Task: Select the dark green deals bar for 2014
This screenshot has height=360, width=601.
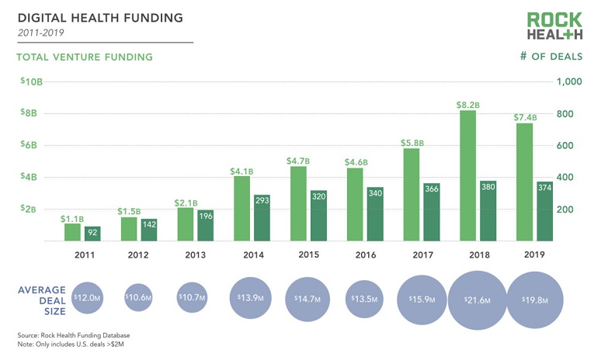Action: tap(262, 218)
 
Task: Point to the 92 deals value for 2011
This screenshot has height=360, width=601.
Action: tap(92, 231)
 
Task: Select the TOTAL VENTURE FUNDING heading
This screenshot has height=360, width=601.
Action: tap(85, 57)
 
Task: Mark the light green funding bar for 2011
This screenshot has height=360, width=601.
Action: tap(72, 232)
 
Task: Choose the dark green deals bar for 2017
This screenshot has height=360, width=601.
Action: tap(432, 212)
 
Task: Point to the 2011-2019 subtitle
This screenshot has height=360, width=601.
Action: tap(40, 33)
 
